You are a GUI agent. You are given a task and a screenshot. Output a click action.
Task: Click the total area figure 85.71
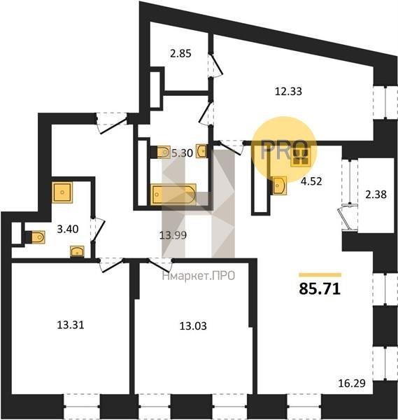pos(320,288)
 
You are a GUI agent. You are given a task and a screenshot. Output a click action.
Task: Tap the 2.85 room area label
pos(180,54)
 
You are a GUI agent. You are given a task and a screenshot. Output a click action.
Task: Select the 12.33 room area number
pos(288,91)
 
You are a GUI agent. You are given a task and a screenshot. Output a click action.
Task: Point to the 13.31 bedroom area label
pos(71,325)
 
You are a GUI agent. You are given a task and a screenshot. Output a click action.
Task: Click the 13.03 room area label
pos(193,326)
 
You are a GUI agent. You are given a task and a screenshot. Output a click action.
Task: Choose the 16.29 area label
pos(352,384)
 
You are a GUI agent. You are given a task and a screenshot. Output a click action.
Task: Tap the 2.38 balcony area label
pos(376,195)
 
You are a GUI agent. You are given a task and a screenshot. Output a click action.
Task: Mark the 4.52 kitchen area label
pos(311,181)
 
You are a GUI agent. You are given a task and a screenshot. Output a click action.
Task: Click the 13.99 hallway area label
pos(173,235)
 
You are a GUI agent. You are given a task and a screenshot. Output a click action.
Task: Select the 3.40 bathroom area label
pos(68,230)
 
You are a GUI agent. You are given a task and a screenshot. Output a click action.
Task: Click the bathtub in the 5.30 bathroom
pos(173,194)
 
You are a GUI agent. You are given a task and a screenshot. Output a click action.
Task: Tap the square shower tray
pos(62,192)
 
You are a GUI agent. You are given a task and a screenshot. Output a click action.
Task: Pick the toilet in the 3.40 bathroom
pos(36,237)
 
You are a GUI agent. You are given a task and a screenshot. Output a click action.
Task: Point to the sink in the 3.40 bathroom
pos(77,252)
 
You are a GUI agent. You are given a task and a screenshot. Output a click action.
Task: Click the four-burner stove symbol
pos(301,157)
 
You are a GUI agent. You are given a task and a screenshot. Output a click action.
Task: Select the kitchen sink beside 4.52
pos(280,185)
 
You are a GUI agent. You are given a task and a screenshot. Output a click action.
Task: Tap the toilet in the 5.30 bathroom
pos(162,152)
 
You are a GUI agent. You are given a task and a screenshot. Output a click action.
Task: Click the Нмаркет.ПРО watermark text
pos(199,276)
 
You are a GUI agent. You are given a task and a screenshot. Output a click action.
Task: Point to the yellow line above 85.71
pos(320,274)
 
